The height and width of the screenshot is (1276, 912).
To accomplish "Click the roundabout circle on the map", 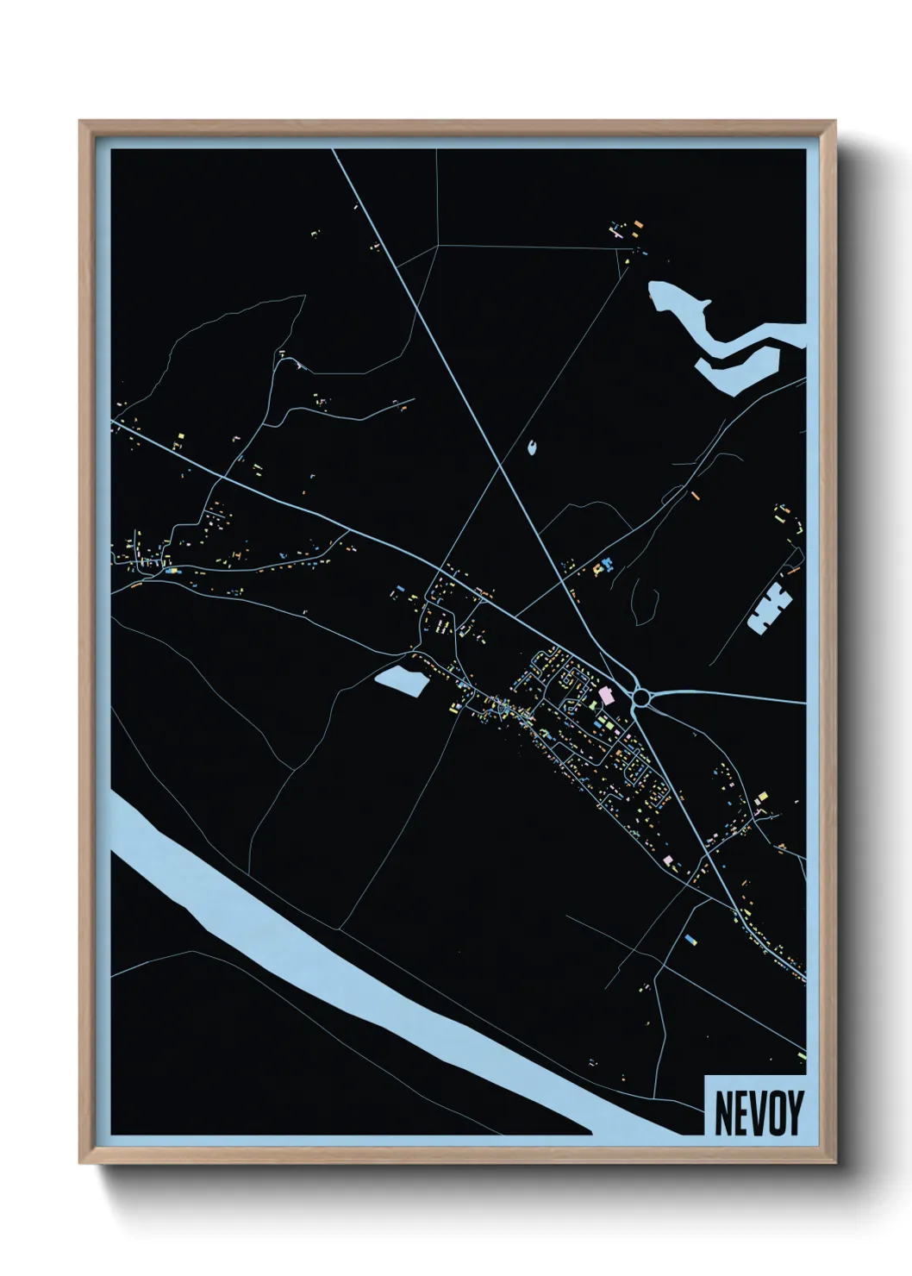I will coord(643,696).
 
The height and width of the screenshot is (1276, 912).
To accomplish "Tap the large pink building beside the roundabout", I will coord(606,695).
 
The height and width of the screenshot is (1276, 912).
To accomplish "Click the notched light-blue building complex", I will coord(770,607).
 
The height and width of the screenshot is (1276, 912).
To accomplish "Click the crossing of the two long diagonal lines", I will coord(503,466).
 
